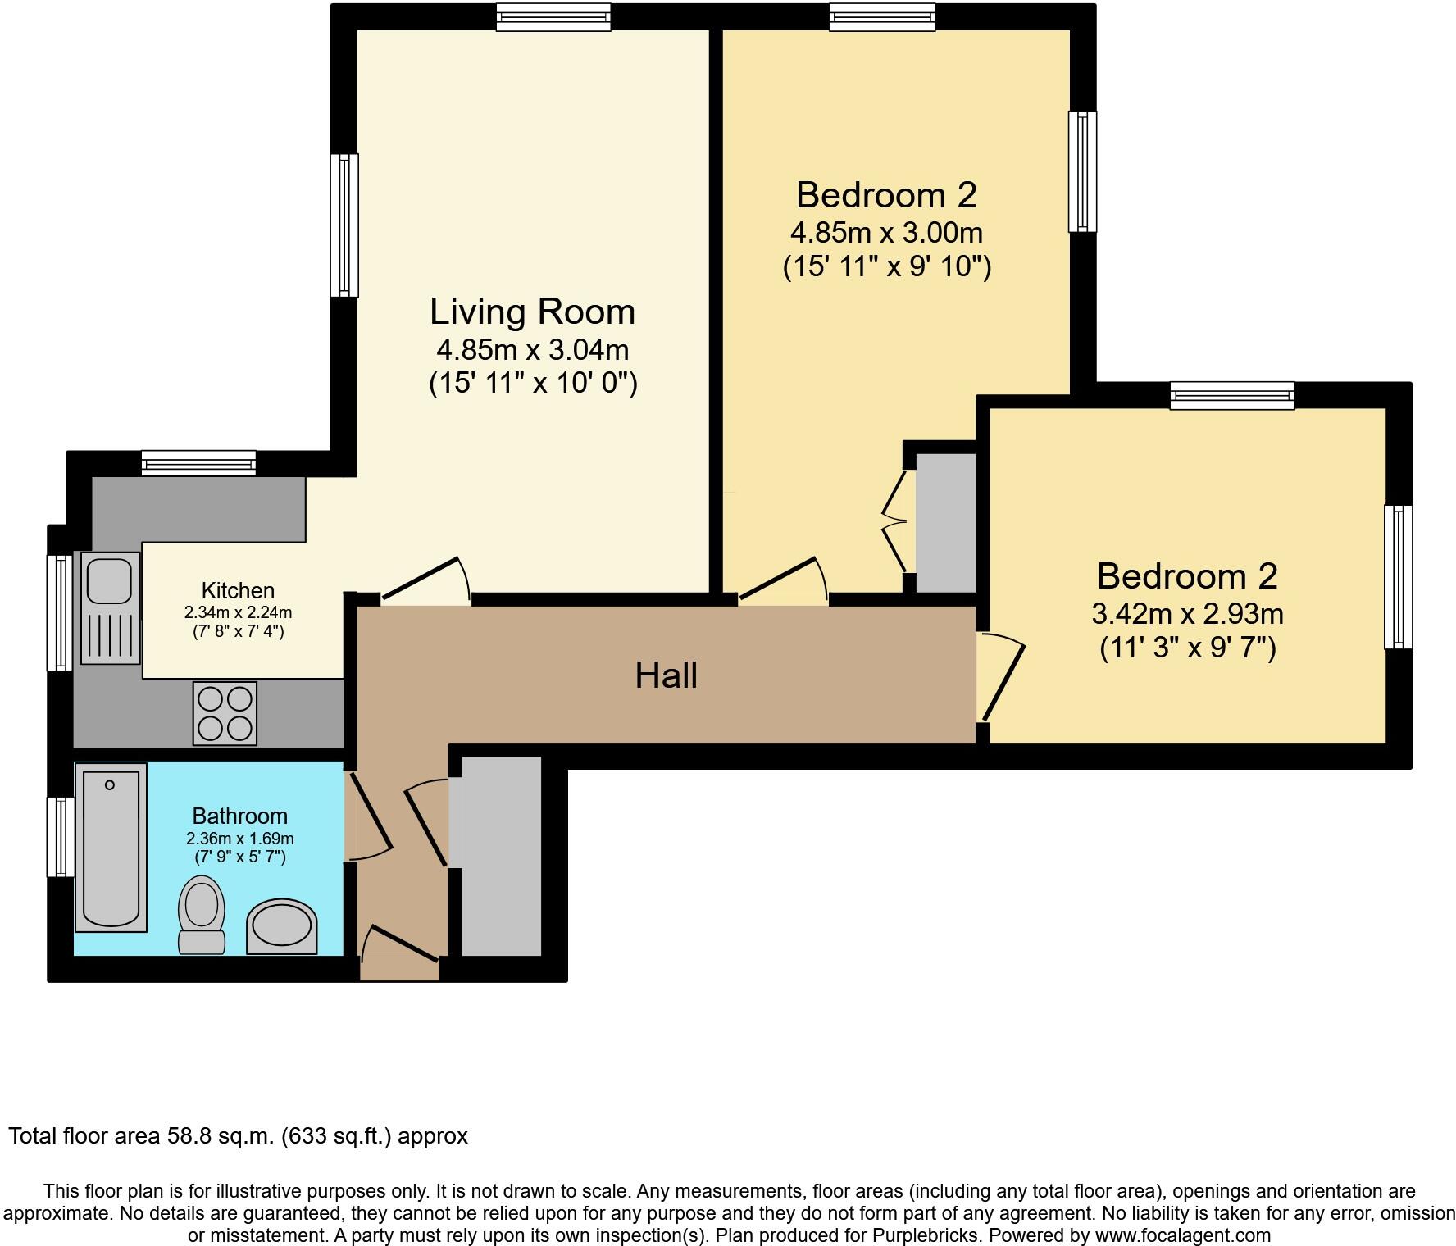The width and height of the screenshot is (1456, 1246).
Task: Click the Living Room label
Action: click(x=533, y=312)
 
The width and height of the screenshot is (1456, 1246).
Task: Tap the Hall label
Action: click(x=667, y=675)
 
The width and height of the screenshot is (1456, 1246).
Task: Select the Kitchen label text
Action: click(x=238, y=590)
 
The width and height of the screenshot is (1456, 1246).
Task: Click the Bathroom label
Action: click(x=239, y=816)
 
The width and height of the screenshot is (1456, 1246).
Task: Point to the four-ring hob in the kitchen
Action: click(x=225, y=713)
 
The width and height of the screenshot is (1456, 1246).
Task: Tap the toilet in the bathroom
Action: click(x=202, y=915)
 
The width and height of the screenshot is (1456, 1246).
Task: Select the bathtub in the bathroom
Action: click(x=111, y=848)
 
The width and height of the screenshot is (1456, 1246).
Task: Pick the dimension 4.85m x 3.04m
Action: click(x=533, y=350)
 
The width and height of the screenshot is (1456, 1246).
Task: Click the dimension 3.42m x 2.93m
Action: click(x=1187, y=613)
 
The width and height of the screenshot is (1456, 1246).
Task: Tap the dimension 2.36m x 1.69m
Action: click(x=239, y=839)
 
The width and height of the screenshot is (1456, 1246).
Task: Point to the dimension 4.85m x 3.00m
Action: click(x=886, y=233)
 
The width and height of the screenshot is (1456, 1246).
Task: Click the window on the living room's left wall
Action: click(x=345, y=225)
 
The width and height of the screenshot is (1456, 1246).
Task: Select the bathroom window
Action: click(x=61, y=836)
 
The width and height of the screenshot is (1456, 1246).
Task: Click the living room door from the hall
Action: click(x=425, y=580)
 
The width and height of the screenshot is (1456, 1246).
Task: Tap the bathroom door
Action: click(x=368, y=816)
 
